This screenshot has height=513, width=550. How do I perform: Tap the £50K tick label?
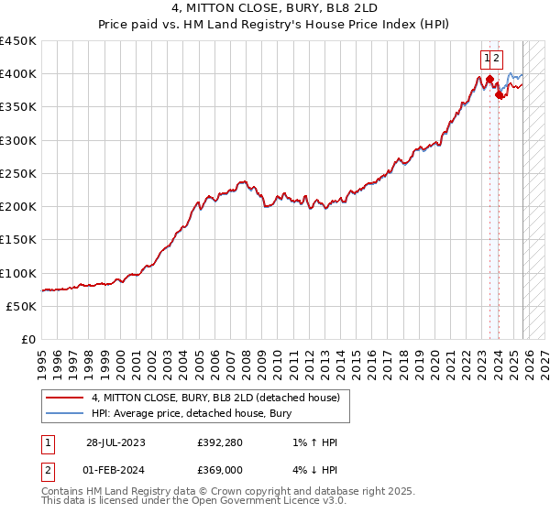pos(22,306)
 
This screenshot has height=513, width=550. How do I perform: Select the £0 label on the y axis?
pos(29,340)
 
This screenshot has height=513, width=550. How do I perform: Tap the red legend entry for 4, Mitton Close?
pos(215,398)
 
